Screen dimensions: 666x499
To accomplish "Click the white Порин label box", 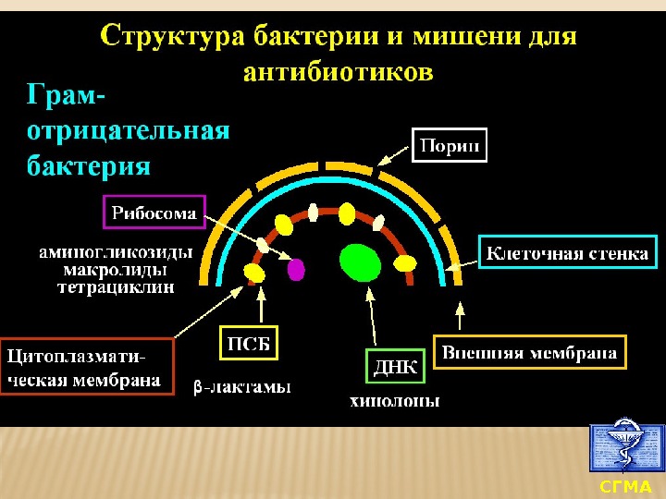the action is tap(449, 146).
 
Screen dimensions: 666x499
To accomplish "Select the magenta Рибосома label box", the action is tap(154, 213).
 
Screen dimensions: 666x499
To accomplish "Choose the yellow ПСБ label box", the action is tap(249, 344).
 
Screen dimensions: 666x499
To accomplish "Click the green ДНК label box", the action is tap(395, 367).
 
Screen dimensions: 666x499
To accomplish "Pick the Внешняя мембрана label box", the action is tap(529, 352).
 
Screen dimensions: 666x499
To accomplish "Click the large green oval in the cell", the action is tap(360, 262).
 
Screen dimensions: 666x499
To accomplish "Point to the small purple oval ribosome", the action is tap(296, 269).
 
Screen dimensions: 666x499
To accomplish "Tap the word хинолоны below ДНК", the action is tap(394, 401).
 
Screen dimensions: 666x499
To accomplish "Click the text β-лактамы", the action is tap(242, 387).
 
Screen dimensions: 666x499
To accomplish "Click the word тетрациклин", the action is tap(116, 287).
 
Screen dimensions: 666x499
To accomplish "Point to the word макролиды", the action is tap(116, 270).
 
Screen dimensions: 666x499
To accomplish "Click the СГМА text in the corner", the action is tap(626, 486).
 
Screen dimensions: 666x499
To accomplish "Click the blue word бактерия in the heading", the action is tap(89, 166).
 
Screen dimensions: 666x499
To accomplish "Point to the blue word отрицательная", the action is tap(128, 130).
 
